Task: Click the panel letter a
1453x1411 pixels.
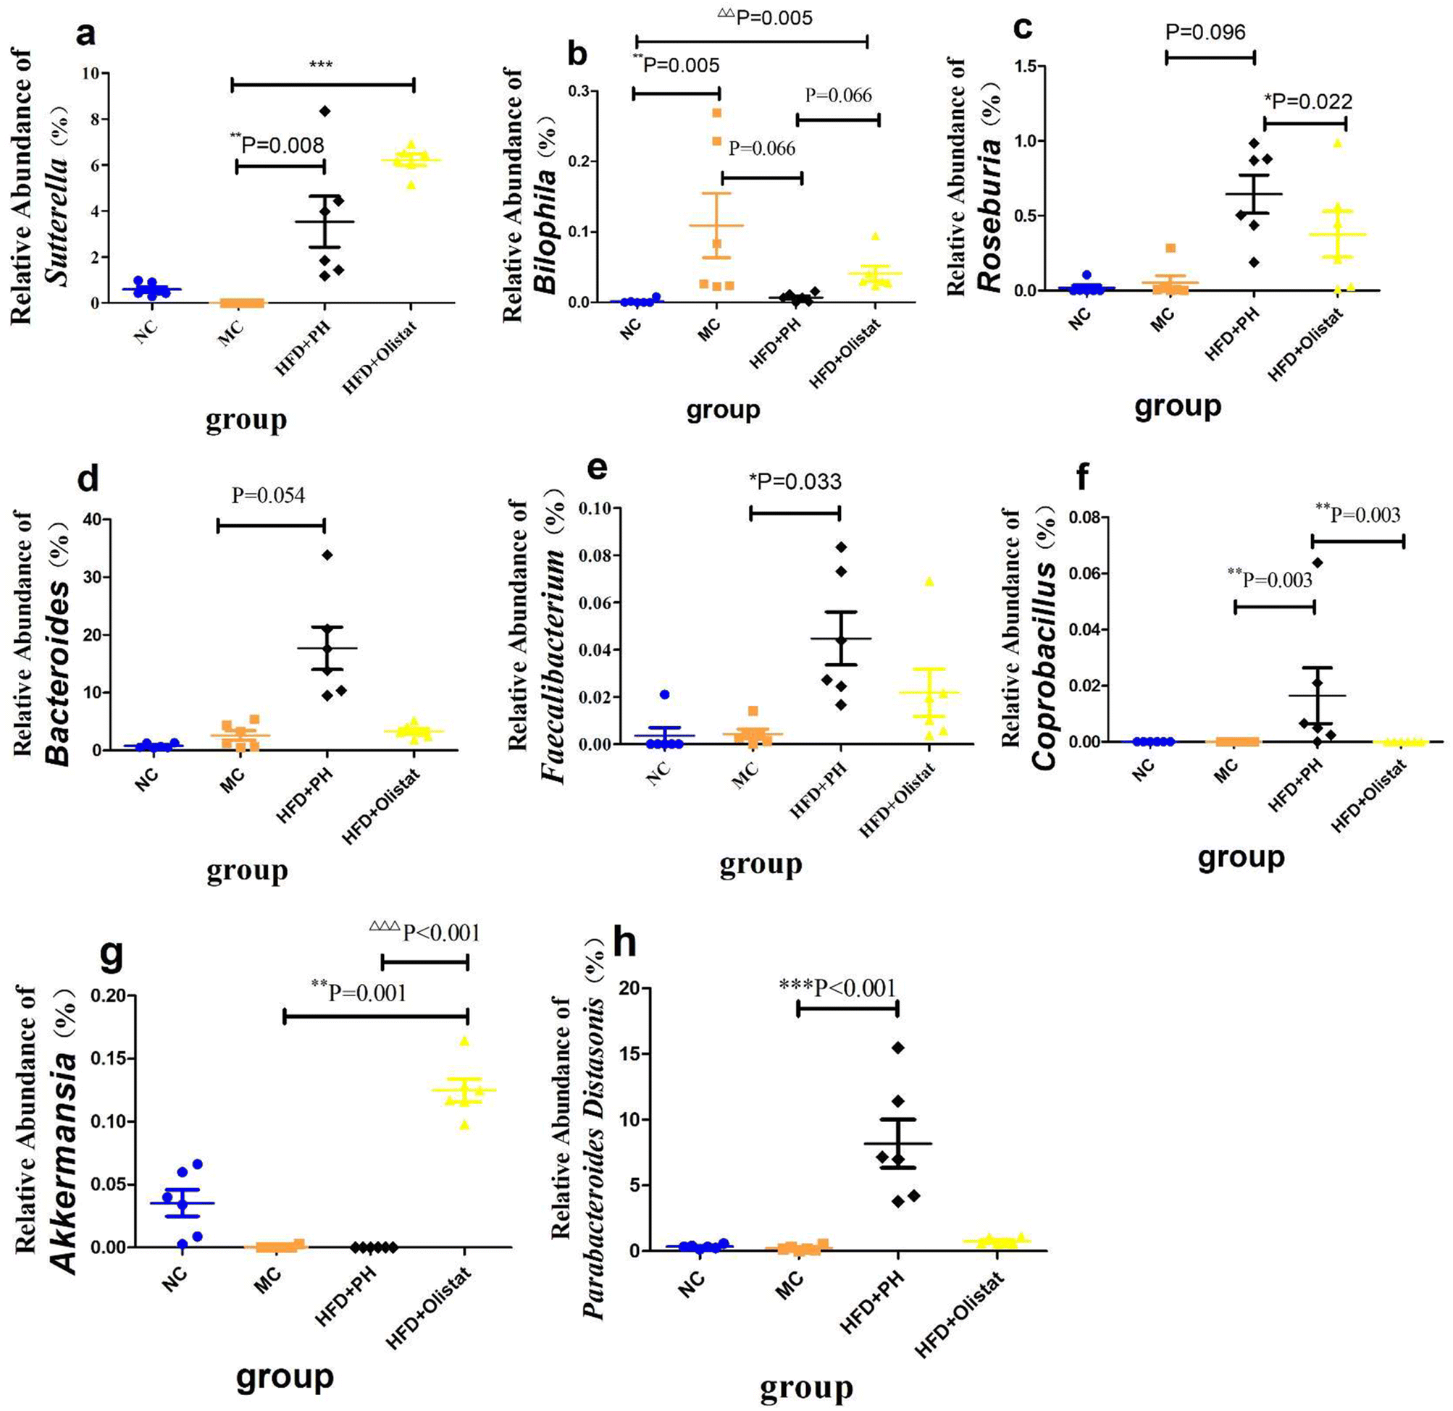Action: (x=86, y=33)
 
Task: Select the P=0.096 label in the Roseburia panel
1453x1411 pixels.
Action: (x=1205, y=32)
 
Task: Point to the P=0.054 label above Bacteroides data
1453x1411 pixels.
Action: (x=267, y=495)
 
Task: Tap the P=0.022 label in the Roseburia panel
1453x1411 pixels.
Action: (x=1307, y=101)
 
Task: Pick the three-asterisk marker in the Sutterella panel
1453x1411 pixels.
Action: (x=321, y=65)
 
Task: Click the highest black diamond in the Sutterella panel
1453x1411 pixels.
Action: (x=324, y=111)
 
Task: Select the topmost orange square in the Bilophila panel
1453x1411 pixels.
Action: (x=717, y=113)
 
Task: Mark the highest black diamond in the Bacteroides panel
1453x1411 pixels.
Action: (x=327, y=555)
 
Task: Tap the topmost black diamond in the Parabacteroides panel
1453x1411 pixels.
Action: (x=898, y=1047)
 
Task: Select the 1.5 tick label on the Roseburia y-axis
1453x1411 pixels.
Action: (x=1025, y=67)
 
